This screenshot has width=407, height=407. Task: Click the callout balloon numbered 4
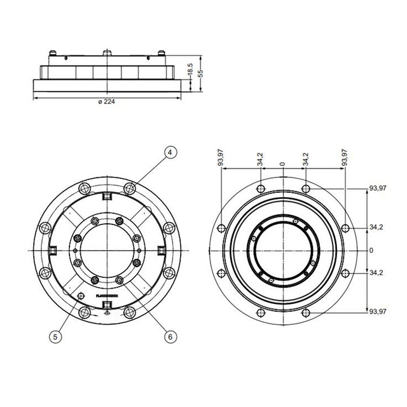170,152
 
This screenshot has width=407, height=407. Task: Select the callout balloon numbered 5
57,336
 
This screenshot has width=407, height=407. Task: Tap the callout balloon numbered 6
170,336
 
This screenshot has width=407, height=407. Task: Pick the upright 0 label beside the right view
371,250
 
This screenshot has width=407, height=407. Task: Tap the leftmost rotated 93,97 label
221,158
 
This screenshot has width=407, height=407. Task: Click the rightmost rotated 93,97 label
345,158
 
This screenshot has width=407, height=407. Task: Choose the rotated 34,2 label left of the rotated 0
260,159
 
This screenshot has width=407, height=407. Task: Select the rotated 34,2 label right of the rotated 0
306,159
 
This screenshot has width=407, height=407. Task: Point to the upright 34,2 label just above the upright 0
376,227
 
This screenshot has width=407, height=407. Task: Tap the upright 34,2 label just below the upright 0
376,273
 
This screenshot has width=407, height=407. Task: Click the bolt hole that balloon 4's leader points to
130,188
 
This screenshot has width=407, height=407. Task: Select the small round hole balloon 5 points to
81,295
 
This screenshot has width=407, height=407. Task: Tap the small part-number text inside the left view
106,295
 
